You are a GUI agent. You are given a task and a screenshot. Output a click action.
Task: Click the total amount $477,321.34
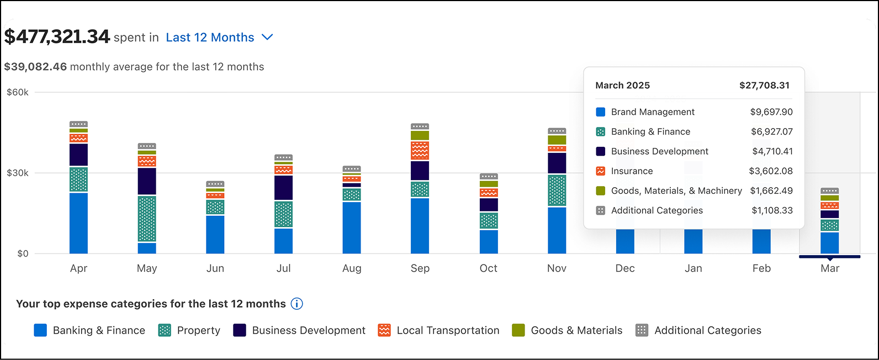[57, 37]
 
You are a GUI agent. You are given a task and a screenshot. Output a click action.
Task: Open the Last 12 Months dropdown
[219, 38]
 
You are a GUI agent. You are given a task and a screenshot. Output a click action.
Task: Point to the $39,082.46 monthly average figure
[35, 67]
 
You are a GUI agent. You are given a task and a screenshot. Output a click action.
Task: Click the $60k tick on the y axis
[18, 92]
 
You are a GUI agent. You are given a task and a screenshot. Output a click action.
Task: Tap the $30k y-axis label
[18, 173]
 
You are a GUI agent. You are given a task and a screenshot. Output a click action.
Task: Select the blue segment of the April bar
[78, 223]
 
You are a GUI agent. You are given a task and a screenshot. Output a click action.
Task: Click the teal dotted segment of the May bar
[147, 219]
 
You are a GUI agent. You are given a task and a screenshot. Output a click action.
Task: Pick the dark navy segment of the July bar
[283, 188]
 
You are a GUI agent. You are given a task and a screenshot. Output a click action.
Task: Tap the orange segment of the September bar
[420, 150]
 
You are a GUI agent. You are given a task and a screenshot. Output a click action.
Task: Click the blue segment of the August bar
[352, 227]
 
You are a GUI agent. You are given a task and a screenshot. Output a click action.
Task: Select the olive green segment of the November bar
[557, 140]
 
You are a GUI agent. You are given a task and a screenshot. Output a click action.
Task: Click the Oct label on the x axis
[488, 268]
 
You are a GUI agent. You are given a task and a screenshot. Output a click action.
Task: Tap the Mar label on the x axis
[829, 268]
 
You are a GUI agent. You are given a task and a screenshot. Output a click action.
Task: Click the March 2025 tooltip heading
[622, 86]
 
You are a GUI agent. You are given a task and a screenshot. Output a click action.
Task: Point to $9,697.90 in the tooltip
[771, 112]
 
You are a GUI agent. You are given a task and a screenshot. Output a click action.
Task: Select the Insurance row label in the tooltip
[632, 171]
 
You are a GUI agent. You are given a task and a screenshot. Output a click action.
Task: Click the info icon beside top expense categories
[297, 304]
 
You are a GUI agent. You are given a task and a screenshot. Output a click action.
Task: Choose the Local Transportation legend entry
[447, 330]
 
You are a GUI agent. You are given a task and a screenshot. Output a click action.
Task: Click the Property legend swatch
[165, 330]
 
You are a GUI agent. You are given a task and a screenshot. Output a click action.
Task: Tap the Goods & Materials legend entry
[576, 330]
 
